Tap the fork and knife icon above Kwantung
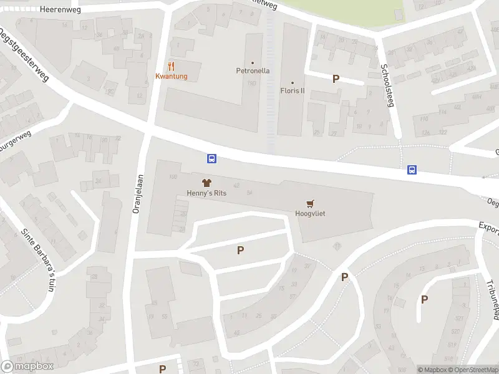click(x=171, y=65)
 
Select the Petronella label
click(x=253, y=70)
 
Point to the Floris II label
click(x=292, y=90)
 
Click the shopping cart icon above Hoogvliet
click(x=310, y=203)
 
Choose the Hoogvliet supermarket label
click(x=310, y=214)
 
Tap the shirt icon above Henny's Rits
click(x=208, y=182)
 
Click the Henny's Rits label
click(x=206, y=193)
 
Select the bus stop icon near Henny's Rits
click(x=212, y=159)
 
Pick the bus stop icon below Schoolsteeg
click(x=412, y=169)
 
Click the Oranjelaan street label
click(x=137, y=194)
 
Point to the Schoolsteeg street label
click(x=386, y=85)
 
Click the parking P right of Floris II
click(x=336, y=79)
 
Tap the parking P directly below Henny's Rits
click(x=240, y=251)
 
